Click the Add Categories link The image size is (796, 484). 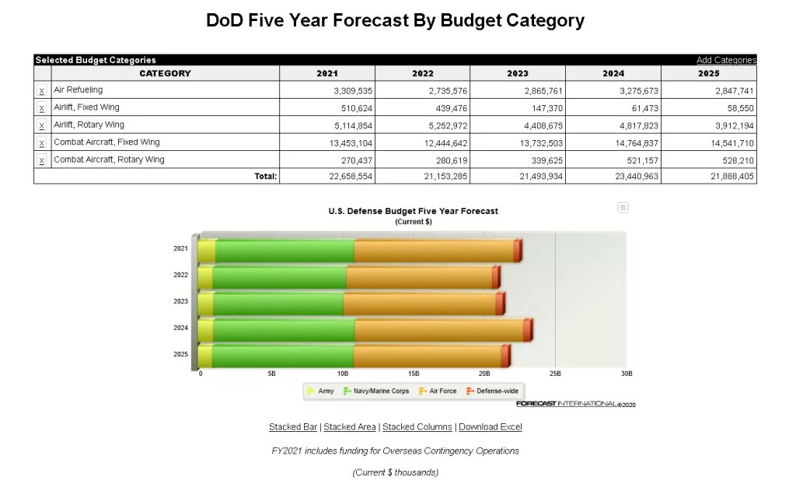tap(726, 60)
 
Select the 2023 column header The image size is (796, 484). tap(517, 73)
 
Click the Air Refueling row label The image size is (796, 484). tap(78, 90)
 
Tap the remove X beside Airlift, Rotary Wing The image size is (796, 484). tap(42, 125)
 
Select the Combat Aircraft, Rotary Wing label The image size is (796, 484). tap(109, 160)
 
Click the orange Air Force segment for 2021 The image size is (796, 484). tap(434, 251)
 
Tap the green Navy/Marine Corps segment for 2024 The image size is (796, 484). tap(284, 331)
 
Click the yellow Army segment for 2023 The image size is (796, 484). tap(205, 304)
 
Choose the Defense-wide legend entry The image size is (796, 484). tap(493, 391)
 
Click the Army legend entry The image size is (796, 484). tap(321, 391)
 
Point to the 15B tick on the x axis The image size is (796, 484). tap(414, 374)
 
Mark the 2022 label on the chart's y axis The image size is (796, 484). tap(180, 275)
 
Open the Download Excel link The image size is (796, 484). tap(490, 427)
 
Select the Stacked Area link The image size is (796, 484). tap(350, 427)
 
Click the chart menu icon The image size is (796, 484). tap(623, 207)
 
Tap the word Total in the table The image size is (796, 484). tap(265, 177)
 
